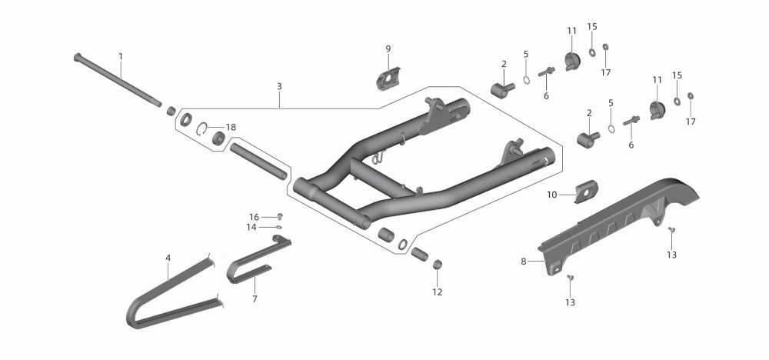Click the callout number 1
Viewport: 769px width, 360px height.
coord(121,56)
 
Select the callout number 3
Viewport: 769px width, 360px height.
coord(280,87)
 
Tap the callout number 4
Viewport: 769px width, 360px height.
coord(168,258)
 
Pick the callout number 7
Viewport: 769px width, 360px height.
coord(255,298)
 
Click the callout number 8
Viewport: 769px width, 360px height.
coord(523,262)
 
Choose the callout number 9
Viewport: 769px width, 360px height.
coord(388,49)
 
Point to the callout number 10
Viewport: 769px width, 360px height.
coord(551,195)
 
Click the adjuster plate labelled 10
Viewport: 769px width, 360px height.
coord(588,190)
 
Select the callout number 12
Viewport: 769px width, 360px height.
coord(437,292)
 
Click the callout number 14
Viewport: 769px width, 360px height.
coord(251,227)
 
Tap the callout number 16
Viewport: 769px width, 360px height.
coord(254,217)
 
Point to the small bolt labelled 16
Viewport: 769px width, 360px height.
coord(279,216)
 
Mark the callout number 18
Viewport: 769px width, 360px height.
coord(231,127)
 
